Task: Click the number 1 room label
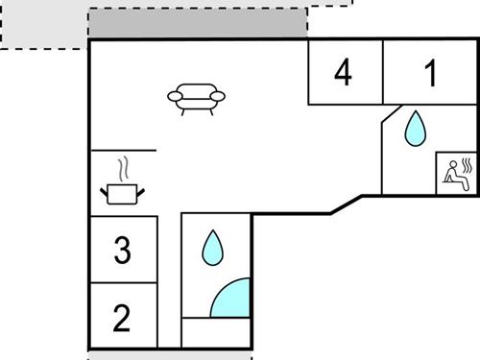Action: click(431, 72)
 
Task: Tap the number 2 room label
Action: click(121, 318)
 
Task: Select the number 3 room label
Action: click(121, 251)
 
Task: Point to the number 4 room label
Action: click(344, 72)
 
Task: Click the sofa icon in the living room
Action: click(199, 97)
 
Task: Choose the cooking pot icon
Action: click(123, 194)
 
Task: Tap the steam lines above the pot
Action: click(122, 170)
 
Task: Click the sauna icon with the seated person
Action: click(457, 172)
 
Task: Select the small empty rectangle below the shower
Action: click(216, 332)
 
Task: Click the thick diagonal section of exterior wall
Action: click(348, 204)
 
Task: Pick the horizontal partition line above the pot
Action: click(123, 151)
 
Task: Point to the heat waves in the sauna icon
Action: click(467, 166)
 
